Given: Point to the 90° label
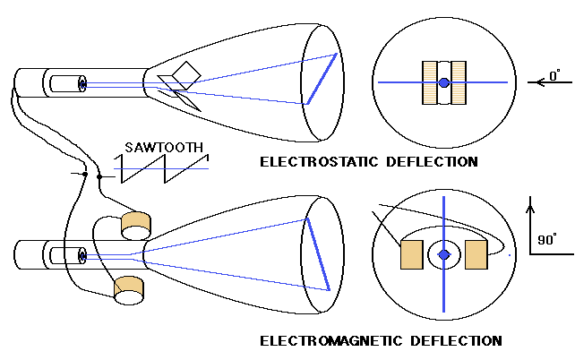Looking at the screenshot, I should pyautogui.click(x=546, y=239).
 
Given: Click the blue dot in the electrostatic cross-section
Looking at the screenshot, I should pyautogui.click(x=444, y=83).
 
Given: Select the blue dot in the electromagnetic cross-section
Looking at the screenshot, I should pyautogui.click(x=444, y=255).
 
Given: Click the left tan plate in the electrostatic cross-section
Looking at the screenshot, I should pyautogui.click(x=429, y=83).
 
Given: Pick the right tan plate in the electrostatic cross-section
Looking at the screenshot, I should pyautogui.click(x=460, y=83).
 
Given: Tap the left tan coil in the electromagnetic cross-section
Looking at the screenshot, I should pyautogui.click(x=412, y=255).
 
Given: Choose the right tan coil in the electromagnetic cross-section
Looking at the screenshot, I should pyautogui.click(x=476, y=255).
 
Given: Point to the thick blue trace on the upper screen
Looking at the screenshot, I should pyautogui.click(x=322, y=78).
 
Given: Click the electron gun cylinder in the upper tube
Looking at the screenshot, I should pyautogui.click(x=66, y=84).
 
